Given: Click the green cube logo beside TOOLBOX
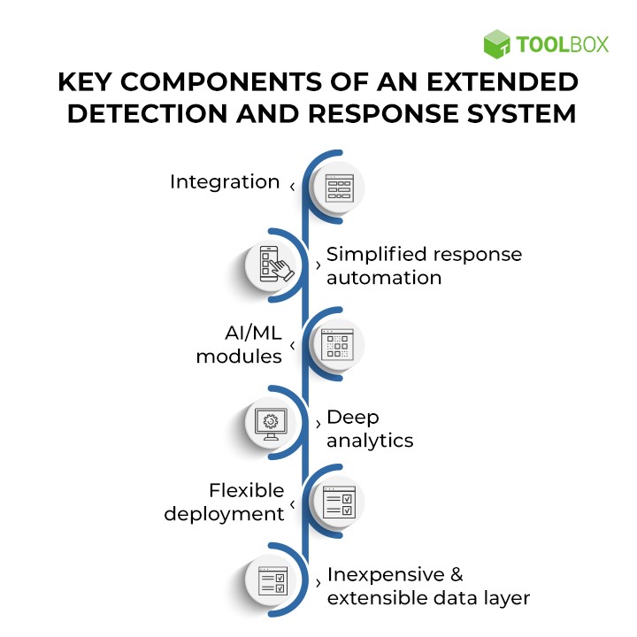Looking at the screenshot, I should [x=497, y=43].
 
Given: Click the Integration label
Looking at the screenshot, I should [x=225, y=182].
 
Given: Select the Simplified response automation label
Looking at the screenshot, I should [x=424, y=265].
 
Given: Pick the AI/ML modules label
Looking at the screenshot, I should [x=239, y=344].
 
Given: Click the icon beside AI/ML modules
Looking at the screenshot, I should [x=339, y=343].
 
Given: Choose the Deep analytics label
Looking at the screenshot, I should [x=370, y=428].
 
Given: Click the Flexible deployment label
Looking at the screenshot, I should [x=225, y=502].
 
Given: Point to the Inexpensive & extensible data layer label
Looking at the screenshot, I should [x=428, y=586].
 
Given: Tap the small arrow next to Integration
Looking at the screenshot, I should [x=292, y=186].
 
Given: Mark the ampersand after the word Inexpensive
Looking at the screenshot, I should [x=456, y=574].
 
